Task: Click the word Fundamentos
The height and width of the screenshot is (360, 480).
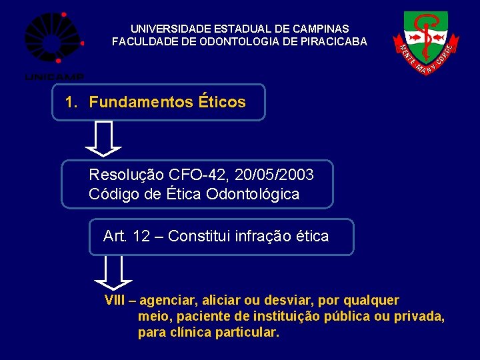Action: pos(141,103)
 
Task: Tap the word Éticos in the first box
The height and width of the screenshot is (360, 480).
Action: pos(222,103)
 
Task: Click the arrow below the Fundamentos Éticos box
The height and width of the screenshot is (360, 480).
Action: pos(103,138)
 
